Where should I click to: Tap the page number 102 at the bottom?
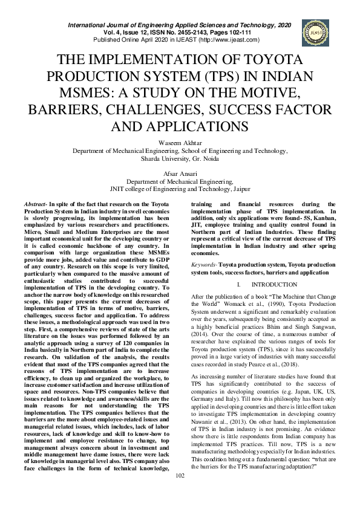tap(180, 493)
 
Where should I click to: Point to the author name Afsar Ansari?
tap(180, 174)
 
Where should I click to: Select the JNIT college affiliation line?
tap(180, 189)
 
